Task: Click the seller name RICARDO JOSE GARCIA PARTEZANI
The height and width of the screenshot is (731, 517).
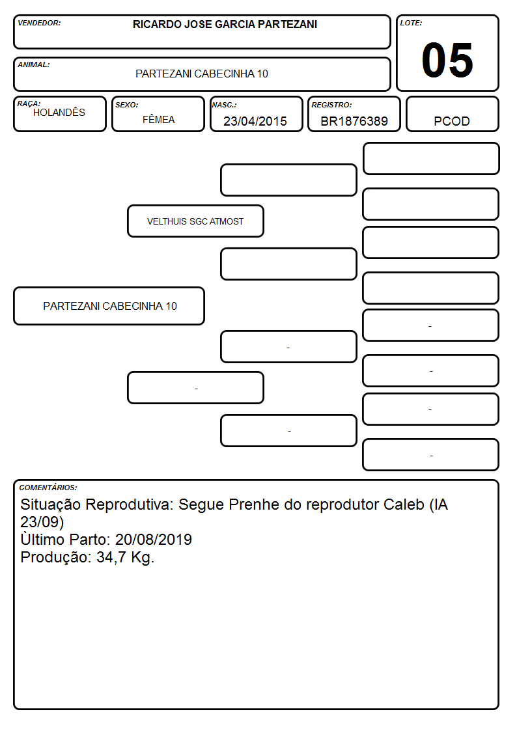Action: click(x=225, y=24)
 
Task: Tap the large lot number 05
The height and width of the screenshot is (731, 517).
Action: click(x=447, y=60)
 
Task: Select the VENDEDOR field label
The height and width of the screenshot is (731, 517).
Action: click(x=39, y=23)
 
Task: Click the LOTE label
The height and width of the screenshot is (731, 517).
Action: click(x=411, y=23)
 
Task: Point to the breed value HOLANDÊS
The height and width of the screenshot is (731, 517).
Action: click(x=59, y=113)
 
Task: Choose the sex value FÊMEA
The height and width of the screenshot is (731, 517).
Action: click(x=158, y=120)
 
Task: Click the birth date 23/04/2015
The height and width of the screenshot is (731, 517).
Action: click(x=255, y=121)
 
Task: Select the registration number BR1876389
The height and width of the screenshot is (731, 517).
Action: click(x=354, y=121)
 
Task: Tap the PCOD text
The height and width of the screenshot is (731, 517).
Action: click(x=452, y=121)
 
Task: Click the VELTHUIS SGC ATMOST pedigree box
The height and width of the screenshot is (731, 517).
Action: click(x=195, y=221)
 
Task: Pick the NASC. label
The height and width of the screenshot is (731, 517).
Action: click(x=224, y=105)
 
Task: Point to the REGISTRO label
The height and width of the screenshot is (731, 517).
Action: click(x=331, y=105)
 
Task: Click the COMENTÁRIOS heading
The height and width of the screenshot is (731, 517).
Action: click(x=48, y=488)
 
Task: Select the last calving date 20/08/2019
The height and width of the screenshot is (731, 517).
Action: click(x=154, y=540)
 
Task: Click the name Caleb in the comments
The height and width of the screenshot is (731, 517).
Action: click(x=404, y=504)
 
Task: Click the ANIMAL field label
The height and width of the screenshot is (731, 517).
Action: click(x=34, y=65)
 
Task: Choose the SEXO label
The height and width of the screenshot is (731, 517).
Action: click(x=127, y=105)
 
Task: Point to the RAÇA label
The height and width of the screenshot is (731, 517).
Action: click(x=29, y=103)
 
